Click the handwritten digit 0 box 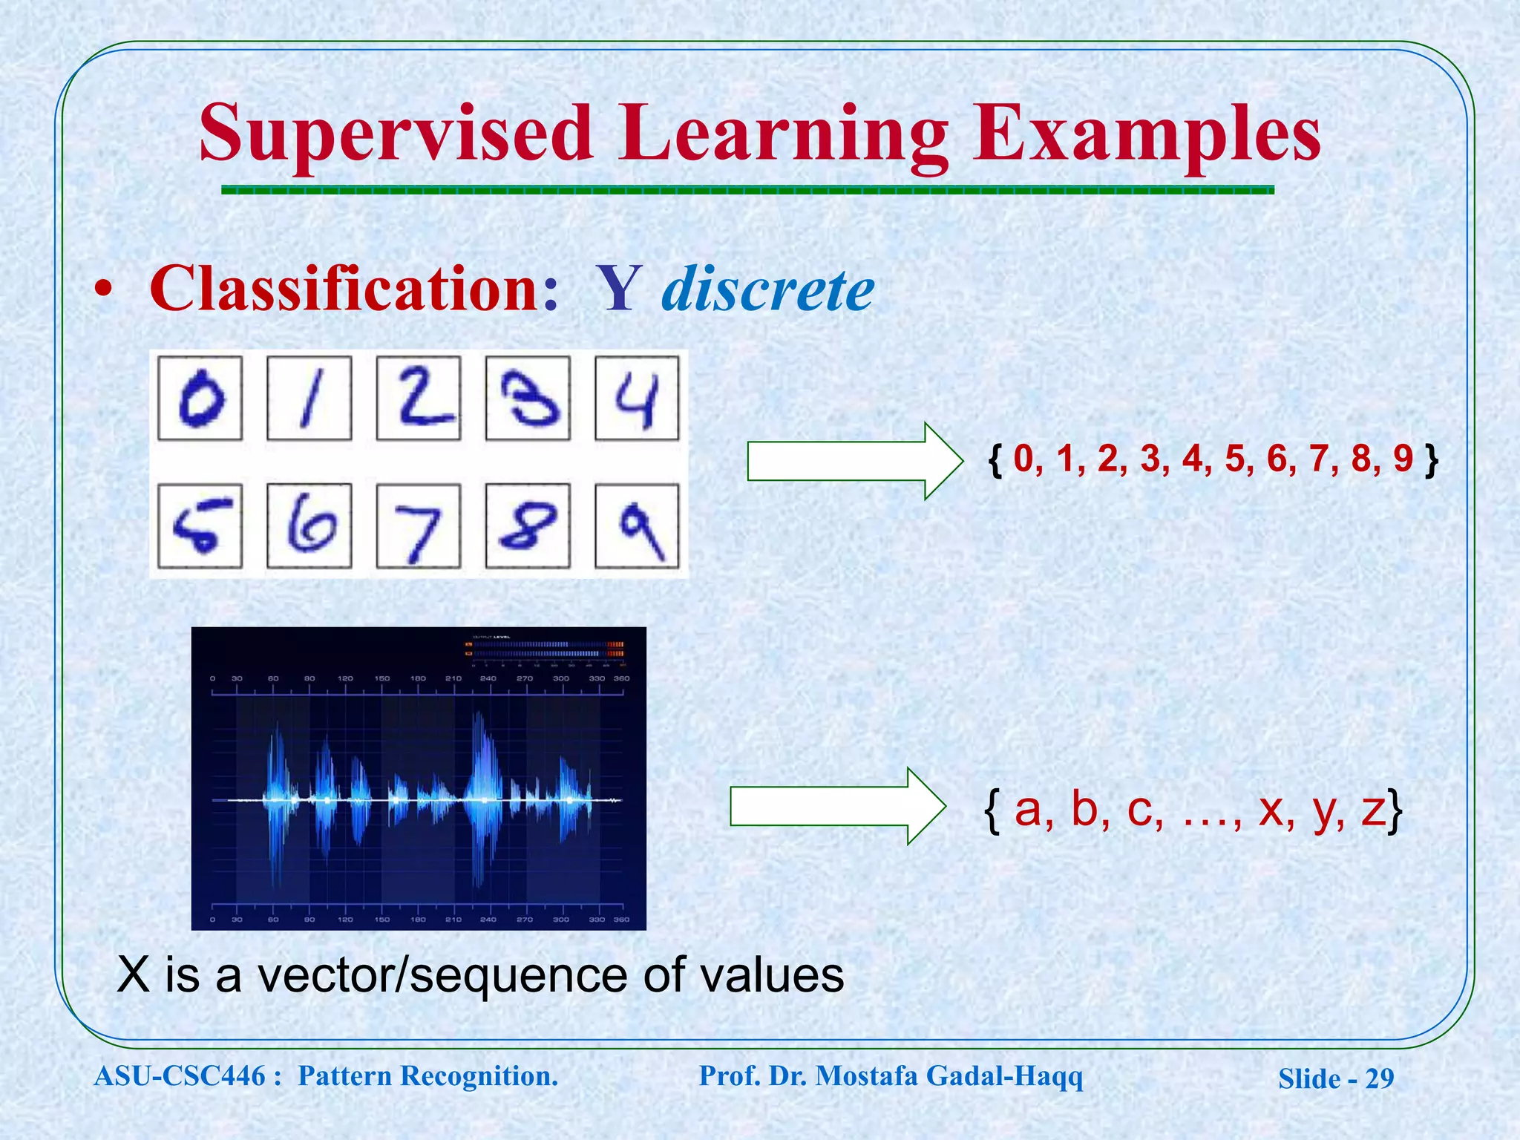point(200,399)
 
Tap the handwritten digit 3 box point(528,399)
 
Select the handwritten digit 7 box point(418,526)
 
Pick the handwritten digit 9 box point(637,526)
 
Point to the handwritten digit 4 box point(637,399)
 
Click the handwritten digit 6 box point(309,526)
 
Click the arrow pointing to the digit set point(854,461)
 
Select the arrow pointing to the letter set point(836,806)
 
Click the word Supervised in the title point(396,134)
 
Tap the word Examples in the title point(1147,134)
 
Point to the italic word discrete point(767,289)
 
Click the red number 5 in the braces point(1234,459)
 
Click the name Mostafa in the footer point(865,1075)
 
